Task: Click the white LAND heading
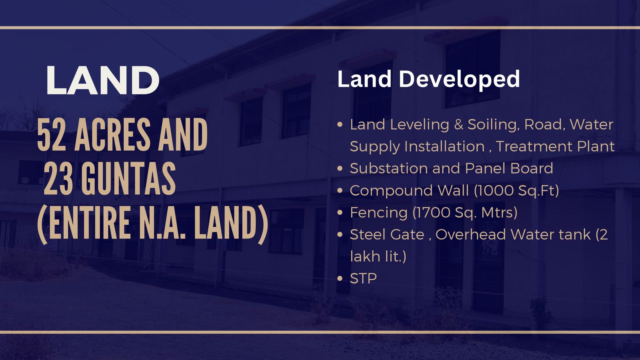(x=103, y=80)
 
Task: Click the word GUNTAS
(x=128, y=178)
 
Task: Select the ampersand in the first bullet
(x=458, y=125)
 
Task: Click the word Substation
(x=389, y=168)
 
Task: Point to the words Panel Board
(x=509, y=168)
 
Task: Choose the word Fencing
(x=378, y=213)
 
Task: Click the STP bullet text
(x=363, y=278)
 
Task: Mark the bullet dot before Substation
(x=340, y=168)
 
